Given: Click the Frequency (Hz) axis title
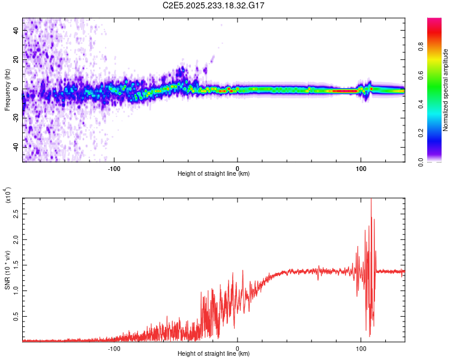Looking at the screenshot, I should pyautogui.click(x=7, y=90).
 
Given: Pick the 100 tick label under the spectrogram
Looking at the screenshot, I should pyautogui.click(x=361, y=168).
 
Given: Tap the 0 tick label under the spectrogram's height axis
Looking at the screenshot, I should pyautogui.click(x=238, y=168).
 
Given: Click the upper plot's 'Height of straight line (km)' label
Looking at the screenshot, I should pyautogui.click(x=214, y=174).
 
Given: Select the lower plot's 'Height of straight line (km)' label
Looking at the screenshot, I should pyautogui.click(x=214, y=354).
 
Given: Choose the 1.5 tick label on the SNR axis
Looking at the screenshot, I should pyautogui.click(x=15, y=265).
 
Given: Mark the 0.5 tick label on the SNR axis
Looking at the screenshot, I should pyautogui.click(x=15, y=316).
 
